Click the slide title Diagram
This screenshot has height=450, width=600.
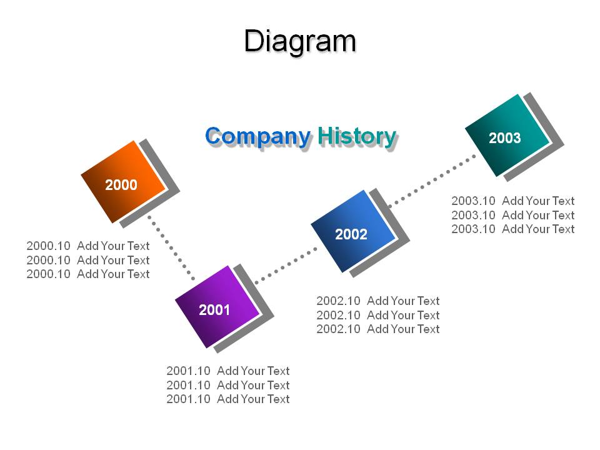click(300, 42)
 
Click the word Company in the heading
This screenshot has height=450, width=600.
click(258, 137)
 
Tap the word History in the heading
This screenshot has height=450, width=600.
click(357, 137)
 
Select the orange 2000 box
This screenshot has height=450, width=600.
click(123, 182)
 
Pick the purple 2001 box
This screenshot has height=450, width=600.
click(217, 307)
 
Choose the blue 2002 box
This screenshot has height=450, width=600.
click(353, 231)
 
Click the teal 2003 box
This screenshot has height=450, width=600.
click(507, 135)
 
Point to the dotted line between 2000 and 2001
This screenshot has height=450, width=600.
click(171, 248)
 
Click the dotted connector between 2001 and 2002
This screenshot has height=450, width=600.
click(286, 266)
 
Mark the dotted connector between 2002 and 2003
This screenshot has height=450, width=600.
click(432, 181)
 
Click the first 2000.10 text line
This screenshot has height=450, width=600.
click(88, 246)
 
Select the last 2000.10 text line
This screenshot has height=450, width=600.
click(88, 274)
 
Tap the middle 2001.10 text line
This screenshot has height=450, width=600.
click(228, 385)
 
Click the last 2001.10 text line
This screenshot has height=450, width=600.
click(228, 399)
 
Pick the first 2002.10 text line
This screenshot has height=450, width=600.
click(378, 301)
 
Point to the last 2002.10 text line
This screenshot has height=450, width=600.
click(378, 329)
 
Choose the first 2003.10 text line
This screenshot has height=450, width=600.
click(513, 201)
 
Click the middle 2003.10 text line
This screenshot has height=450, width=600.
click(513, 215)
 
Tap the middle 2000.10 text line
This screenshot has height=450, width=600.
click(88, 260)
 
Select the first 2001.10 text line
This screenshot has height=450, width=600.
click(228, 371)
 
